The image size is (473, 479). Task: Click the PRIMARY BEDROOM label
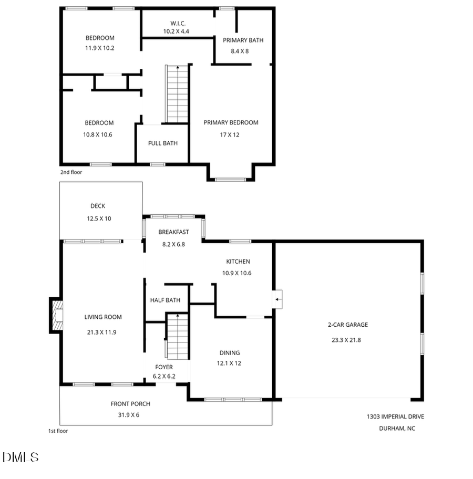[x=231, y=122]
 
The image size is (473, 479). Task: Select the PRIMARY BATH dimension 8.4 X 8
[x=240, y=51]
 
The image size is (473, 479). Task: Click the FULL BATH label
[x=162, y=143]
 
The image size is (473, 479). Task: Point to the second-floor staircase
[x=177, y=95]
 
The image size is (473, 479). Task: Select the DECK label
[x=98, y=206]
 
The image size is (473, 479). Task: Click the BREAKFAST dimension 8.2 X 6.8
[x=173, y=244]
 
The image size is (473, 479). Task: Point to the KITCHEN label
[x=238, y=262]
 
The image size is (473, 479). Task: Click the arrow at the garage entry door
[x=278, y=300]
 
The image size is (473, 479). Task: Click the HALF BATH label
[x=166, y=300]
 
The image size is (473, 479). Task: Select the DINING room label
[x=230, y=353]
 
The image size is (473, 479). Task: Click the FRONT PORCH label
[x=130, y=404]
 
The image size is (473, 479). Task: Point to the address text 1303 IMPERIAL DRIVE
[x=395, y=416]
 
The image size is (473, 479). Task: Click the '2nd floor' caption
[x=71, y=172]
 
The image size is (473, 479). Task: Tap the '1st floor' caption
[x=58, y=431]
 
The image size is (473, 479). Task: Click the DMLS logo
[x=20, y=457]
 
